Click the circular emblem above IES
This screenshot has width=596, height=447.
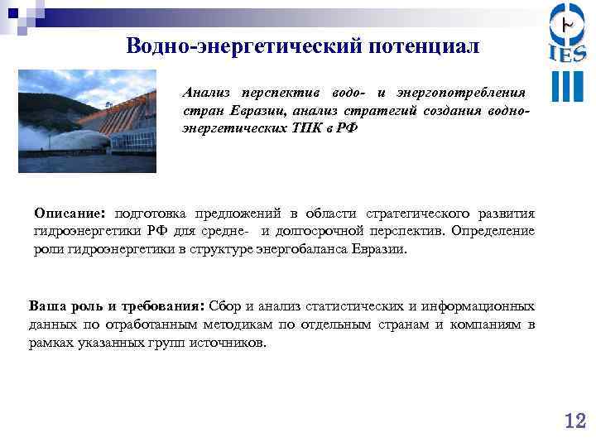pyautogui.click(x=567, y=22)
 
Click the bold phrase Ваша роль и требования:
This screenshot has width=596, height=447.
pyautogui.click(x=119, y=305)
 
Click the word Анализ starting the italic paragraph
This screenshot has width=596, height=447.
pyautogui.click(x=208, y=91)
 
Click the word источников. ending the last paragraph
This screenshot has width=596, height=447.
pyautogui.click(x=233, y=342)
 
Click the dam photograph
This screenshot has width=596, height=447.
pyautogui.click(x=87, y=120)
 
